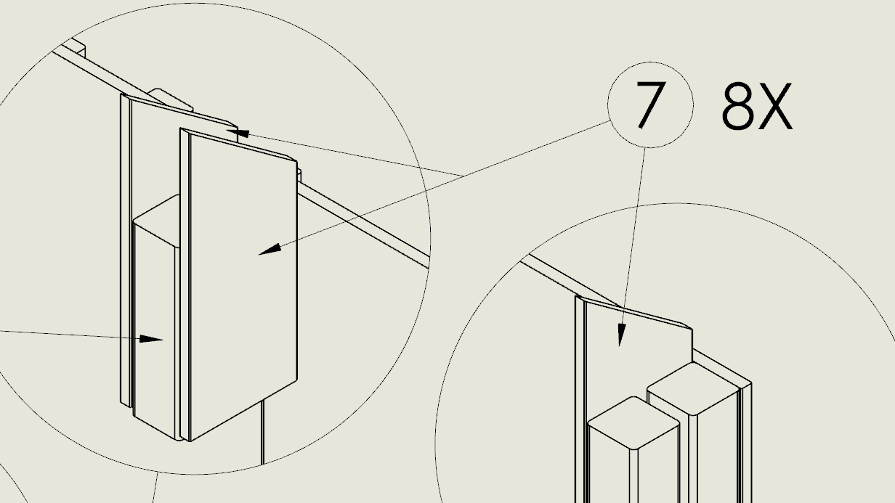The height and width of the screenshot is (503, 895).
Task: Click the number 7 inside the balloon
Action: (651, 105)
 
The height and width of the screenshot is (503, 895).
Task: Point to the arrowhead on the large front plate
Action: (270, 249)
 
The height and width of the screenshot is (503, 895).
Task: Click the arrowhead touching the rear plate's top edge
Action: (238, 133)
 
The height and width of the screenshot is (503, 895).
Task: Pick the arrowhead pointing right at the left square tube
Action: (151, 339)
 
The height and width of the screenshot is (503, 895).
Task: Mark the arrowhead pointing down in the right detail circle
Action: (621, 335)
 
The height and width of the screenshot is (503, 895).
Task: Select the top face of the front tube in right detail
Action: (633, 423)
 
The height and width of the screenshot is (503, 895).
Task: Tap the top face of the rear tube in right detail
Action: (693, 388)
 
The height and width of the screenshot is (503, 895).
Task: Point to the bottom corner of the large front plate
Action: (190, 441)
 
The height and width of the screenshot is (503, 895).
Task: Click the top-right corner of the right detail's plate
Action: (692, 330)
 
